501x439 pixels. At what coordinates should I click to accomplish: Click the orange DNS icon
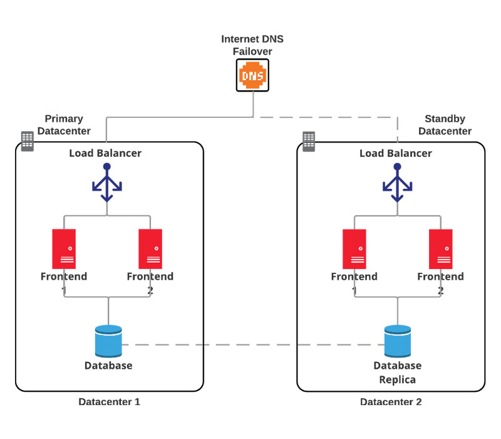(252, 75)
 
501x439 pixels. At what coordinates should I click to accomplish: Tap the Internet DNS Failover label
(252, 45)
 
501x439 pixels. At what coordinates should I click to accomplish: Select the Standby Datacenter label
(445, 125)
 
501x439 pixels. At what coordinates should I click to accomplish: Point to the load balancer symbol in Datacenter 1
(107, 183)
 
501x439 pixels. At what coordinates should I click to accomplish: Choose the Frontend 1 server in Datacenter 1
(64, 249)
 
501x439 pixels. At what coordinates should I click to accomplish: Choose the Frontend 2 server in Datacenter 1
(150, 249)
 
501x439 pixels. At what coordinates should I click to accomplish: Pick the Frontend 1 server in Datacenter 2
(354, 249)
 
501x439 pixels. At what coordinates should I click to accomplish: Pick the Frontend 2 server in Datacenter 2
(441, 249)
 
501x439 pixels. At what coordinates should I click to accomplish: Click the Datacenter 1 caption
(109, 402)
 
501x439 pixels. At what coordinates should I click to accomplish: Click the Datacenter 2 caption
(391, 402)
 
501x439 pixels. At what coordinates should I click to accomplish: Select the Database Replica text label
(398, 373)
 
